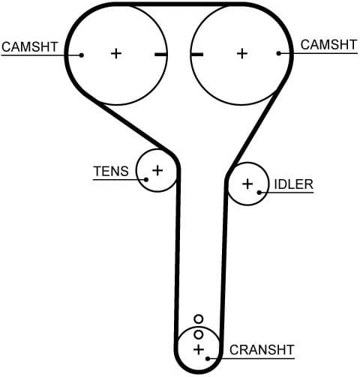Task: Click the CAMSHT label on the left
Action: coord(29,46)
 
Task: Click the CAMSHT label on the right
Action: coord(328,45)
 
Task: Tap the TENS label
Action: coord(111,171)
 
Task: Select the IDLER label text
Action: coord(293,184)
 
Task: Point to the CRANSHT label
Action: coord(262,349)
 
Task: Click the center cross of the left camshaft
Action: coord(115,53)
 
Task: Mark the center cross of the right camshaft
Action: coord(241,53)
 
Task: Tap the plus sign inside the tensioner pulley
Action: coord(157,170)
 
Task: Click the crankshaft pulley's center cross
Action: coord(198,350)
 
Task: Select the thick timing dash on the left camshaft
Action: coord(160,54)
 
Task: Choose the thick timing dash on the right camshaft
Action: coord(197,54)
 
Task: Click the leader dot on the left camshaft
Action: coord(81,55)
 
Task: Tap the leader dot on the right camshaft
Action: coord(279,53)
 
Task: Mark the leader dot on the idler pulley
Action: coord(259,193)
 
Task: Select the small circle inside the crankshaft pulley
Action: coord(198,334)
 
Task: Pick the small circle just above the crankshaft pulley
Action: coord(198,319)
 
